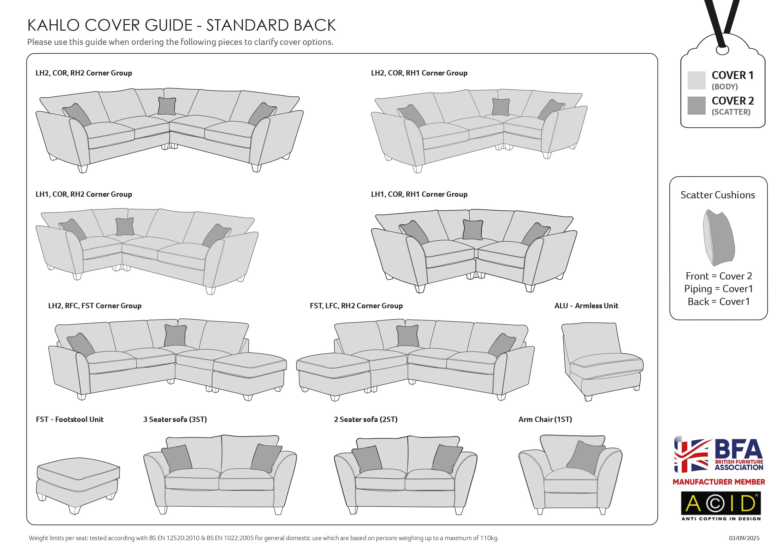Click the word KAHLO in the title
click(x=53, y=26)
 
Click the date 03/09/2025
click(x=744, y=538)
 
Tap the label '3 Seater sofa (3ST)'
click(x=175, y=419)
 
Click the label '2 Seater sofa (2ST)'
click(x=365, y=419)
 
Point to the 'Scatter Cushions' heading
click(x=718, y=195)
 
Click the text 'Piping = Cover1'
click(x=718, y=289)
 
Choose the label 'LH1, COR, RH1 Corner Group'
click(x=419, y=194)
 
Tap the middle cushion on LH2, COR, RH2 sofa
click(x=167, y=106)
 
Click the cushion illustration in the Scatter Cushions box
click(x=719, y=238)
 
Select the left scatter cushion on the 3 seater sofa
click(x=176, y=457)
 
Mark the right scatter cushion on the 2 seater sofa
click(x=447, y=458)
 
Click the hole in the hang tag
click(x=722, y=51)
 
